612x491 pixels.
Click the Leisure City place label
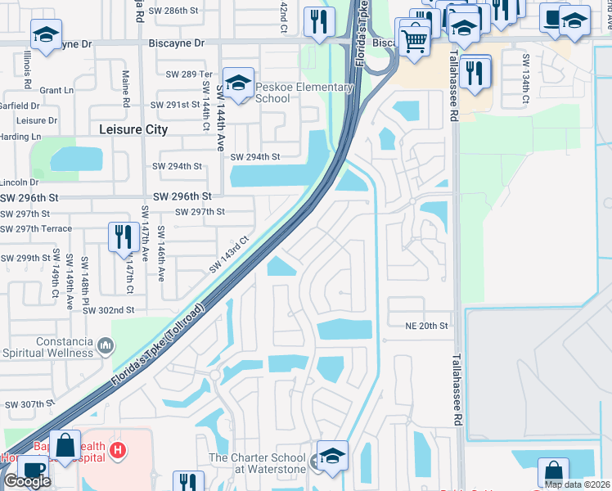click(x=133, y=129)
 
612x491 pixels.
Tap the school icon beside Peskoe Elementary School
click(x=238, y=83)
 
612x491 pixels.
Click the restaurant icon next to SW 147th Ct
click(x=124, y=237)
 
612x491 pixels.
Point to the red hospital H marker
click(x=118, y=449)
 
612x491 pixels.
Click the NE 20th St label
click(x=427, y=326)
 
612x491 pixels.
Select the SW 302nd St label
click(x=111, y=310)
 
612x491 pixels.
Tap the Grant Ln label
click(x=56, y=90)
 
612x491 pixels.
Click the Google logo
click(x=27, y=481)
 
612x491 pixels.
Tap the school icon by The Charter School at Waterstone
click(x=332, y=457)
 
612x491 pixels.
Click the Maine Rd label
click(x=126, y=92)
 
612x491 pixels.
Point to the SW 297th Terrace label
click(x=36, y=228)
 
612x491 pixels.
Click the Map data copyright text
click(x=577, y=484)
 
